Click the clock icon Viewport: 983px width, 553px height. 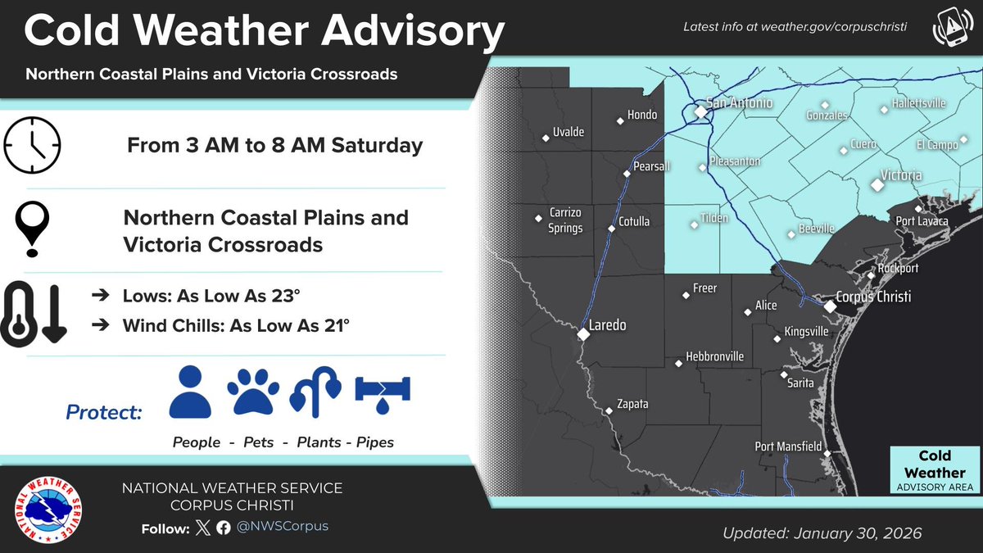tap(33, 146)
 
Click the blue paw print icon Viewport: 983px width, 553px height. tap(252, 392)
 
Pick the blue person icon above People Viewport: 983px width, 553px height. tap(190, 392)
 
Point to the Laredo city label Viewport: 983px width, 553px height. tap(609, 325)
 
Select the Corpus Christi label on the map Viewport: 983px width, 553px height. tap(873, 297)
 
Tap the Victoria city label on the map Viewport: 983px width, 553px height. tap(900, 175)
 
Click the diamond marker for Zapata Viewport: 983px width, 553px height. tap(608, 410)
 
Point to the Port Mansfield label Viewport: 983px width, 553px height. tap(787, 446)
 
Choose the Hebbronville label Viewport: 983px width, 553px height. tap(714, 356)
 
